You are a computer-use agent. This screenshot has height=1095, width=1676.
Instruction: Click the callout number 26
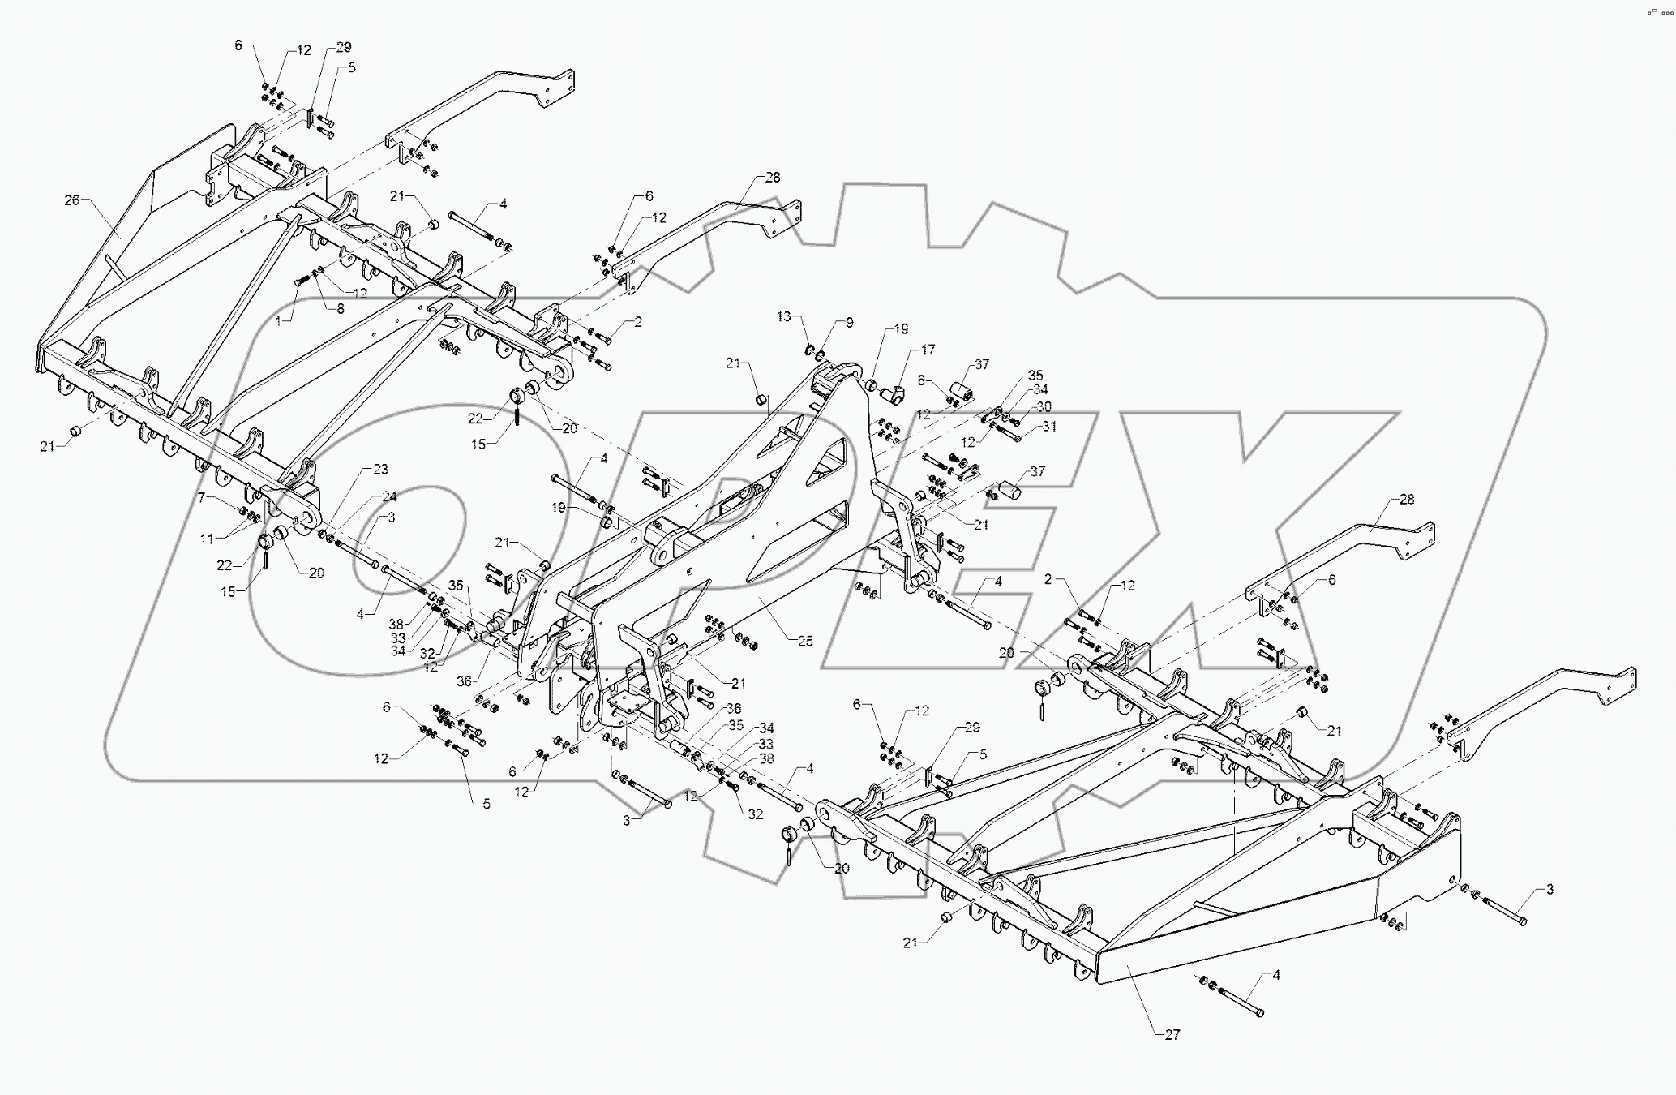coord(72,200)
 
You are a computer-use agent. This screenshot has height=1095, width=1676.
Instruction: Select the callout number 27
coord(1172,1035)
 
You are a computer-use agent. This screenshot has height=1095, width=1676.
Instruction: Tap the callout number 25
coord(804,641)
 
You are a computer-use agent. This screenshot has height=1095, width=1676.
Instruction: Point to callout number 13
coord(783,316)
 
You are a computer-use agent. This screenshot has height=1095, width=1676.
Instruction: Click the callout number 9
coord(849,323)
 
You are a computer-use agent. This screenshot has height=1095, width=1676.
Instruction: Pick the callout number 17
coord(928,350)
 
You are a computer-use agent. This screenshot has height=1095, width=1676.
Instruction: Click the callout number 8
coord(340,308)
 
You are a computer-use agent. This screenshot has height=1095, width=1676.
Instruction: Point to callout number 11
coord(208,539)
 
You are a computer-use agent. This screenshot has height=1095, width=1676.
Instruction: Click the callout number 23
coord(380,470)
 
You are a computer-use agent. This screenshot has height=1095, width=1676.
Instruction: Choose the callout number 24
coord(389,496)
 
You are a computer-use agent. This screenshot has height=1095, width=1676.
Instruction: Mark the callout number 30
coord(1044,406)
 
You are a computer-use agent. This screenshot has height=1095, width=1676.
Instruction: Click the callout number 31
coord(1049,427)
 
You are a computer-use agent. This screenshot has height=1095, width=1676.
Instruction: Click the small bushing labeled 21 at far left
coord(74,430)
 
